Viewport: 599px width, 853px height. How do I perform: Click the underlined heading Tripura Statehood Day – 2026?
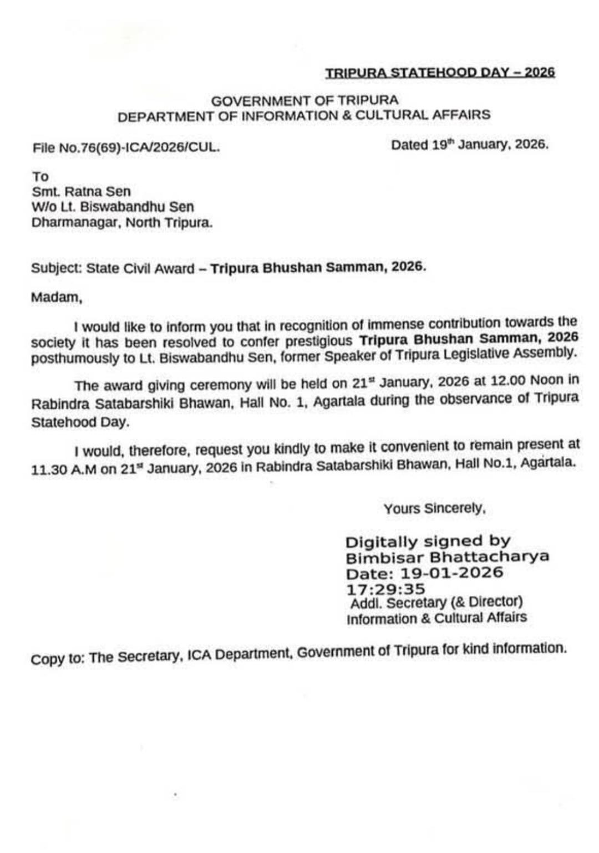(440, 73)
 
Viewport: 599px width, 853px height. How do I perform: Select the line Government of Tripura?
(304, 101)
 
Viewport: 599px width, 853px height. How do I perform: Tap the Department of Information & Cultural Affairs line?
(304, 116)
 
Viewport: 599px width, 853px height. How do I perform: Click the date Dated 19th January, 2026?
(469, 145)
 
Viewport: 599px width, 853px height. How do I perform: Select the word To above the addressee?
(40, 176)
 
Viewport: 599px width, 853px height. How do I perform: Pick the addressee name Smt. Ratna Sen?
(81, 192)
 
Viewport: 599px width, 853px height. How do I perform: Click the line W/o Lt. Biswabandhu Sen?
(113, 207)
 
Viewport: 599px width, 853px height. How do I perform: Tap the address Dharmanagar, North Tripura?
(122, 223)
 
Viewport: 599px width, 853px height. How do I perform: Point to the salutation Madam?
(56, 297)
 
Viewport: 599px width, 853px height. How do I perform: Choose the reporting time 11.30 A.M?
(64, 469)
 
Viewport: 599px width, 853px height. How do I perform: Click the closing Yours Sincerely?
(434, 508)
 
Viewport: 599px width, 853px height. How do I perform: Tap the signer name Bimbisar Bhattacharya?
(447, 556)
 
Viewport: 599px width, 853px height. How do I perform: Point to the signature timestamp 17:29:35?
(385, 589)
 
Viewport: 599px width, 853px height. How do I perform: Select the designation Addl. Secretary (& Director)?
(436, 602)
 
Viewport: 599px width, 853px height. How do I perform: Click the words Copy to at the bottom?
(57, 659)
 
